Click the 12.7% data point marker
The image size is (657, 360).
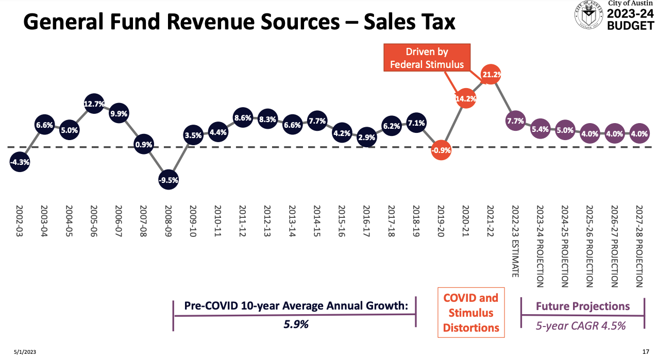click(x=94, y=104)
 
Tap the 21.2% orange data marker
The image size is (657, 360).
click(x=491, y=75)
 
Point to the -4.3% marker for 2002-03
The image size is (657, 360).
click(x=20, y=162)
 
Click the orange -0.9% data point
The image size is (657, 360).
click(x=442, y=151)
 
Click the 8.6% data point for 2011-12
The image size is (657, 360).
click(x=243, y=118)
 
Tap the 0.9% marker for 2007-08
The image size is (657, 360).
click(x=143, y=145)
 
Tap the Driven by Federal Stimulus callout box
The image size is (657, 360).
click(x=427, y=58)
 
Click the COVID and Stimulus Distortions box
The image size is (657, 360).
click(x=471, y=313)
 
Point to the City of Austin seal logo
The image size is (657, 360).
click(x=588, y=15)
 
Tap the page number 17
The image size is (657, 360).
click(x=645, y=352)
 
